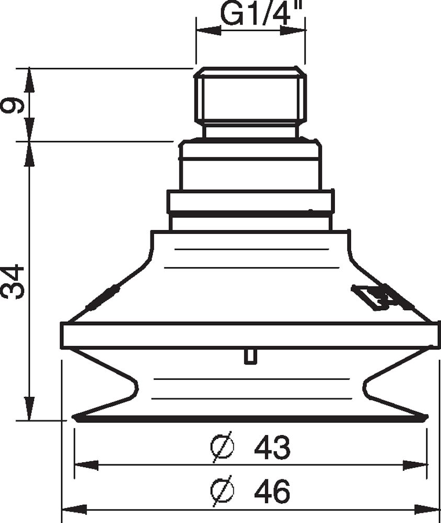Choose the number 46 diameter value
point(272,492)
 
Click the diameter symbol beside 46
point(222,492)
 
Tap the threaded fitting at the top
point(250,97)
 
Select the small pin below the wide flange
point(250,357)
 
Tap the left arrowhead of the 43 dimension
point(86,465)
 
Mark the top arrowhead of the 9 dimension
point(29,78)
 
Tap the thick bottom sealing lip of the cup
point(250,418)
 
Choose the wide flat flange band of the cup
point(250,335)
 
